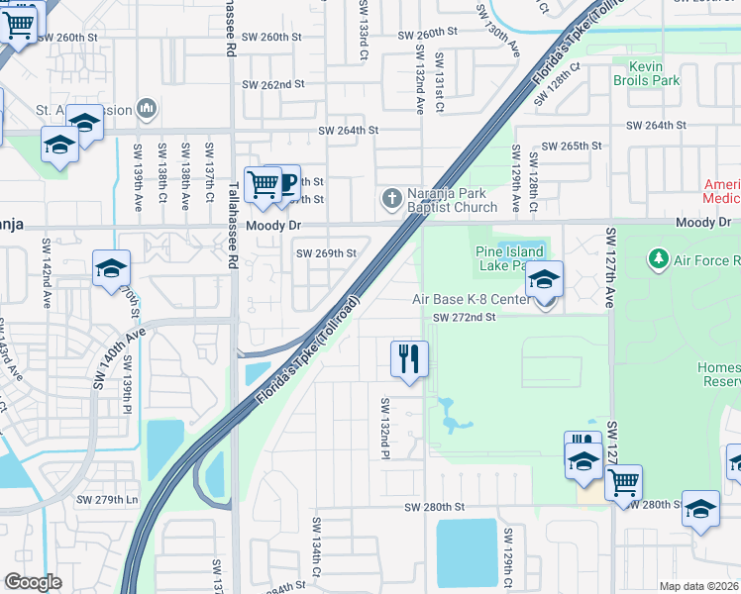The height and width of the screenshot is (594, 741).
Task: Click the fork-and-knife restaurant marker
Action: (x=409, y=358)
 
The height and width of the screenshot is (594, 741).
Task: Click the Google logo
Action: (x=33, y=582)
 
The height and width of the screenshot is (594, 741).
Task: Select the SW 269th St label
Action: (x=326, y=253)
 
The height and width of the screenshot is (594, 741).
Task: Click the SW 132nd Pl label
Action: (x=384, y=428)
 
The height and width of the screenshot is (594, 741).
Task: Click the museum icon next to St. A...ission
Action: (x=147, y=108)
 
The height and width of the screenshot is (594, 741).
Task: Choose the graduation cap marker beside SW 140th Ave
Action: (x=112, y=268)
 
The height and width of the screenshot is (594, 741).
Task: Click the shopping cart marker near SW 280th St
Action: (x=623, y=483)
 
